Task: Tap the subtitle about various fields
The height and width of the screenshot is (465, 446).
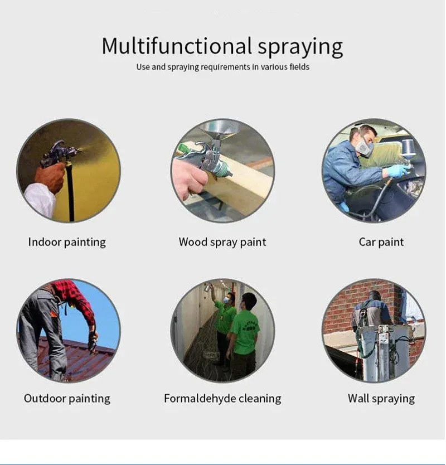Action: (x=222, y=67)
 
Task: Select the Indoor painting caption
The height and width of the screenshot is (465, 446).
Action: (x=67, y=242)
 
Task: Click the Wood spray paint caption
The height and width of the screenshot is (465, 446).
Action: (x=222, y=242)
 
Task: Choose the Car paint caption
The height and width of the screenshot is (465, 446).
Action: (x=381, y=242)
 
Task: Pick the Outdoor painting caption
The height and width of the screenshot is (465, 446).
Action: (x=67, y=399)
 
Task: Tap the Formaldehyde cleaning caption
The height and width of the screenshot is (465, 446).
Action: (x=222, y=399)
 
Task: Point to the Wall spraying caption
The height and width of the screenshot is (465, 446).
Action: (x=381, y=399)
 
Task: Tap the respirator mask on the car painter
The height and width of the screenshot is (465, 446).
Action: (x=365, y=147)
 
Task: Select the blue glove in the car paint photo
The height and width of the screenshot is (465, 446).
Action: (x=397, y=171)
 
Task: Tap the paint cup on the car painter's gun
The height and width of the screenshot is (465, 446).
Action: (x=409, y=148)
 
